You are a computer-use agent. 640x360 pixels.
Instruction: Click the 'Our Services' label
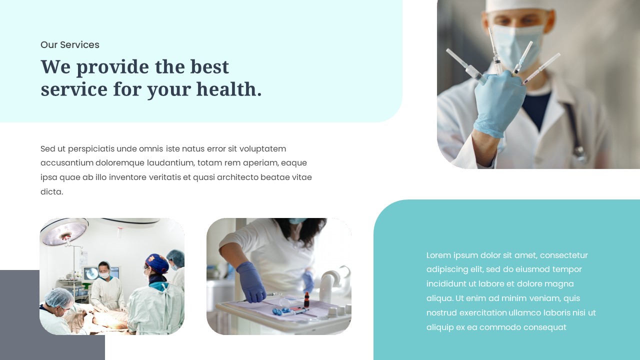click(x=70, y=45)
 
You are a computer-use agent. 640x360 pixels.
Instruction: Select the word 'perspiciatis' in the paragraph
click(x=91, y=149)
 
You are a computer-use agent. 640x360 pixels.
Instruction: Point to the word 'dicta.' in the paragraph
click(x=51, y=192)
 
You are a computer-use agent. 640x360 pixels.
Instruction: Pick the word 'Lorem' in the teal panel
click(x=438, y=255)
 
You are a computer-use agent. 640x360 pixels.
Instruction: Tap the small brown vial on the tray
click(x=306, y=300)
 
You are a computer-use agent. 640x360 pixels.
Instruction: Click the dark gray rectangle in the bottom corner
click(x=20, y=320)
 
